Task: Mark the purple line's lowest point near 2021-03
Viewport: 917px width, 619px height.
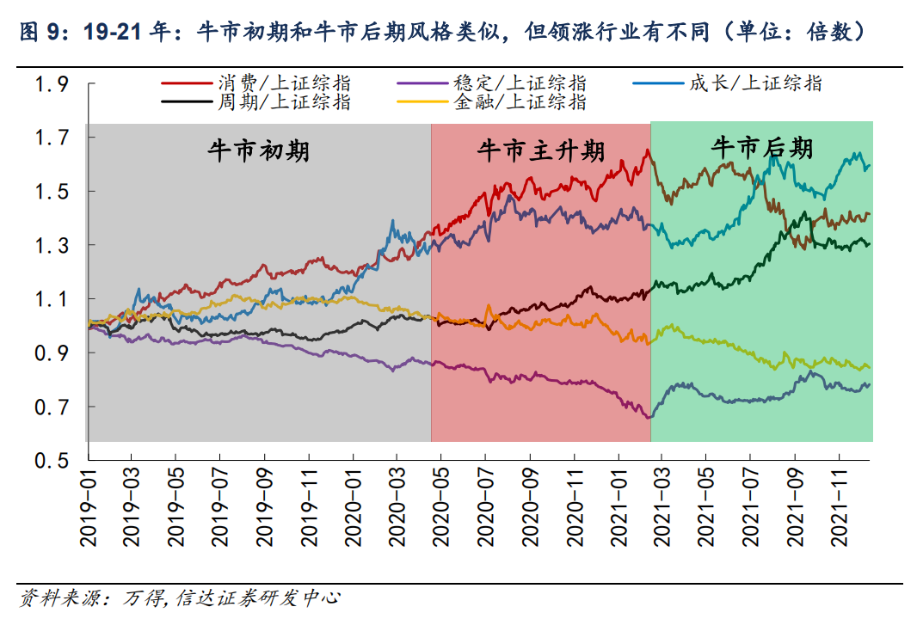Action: click(x=649, y=418)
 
